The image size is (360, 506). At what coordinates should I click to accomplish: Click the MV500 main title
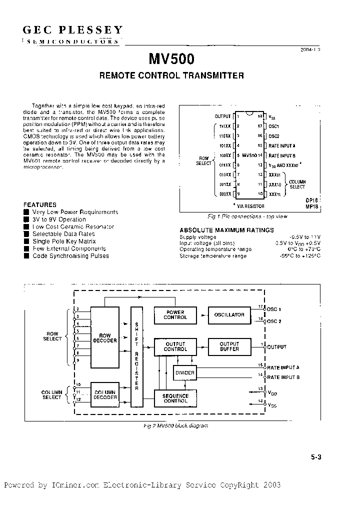[x=171, y=59]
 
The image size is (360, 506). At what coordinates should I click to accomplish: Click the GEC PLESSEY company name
[x=72, y=30]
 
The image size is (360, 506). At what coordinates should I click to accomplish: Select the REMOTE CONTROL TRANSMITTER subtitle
[x=171, y=76]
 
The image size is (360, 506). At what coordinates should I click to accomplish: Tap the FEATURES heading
[x=40, y=205]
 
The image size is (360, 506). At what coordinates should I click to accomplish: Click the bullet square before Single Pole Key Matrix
[x=26, y=241]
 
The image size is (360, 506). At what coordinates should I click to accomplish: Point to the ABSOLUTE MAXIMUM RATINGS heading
[x=226, y=230]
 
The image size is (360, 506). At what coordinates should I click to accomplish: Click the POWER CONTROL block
[x=175, y=314]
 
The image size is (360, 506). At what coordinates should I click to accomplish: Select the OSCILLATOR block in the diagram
[x=229, y=315]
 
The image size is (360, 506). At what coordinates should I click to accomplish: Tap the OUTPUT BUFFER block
[x=229, y=346]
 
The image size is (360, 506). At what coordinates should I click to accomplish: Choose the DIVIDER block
[x=184, y=373]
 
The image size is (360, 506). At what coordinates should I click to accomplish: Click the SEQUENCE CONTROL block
[x=175, y=398]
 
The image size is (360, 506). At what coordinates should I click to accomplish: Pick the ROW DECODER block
[x=105, y=338]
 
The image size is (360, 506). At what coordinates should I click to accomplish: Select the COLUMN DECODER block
[x=105, y=395]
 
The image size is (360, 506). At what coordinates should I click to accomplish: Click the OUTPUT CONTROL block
[x=175, y=346]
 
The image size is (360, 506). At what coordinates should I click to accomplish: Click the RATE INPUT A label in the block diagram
[x=283, y=367]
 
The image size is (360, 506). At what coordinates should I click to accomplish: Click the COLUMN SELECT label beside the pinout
[x=297, y=184]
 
